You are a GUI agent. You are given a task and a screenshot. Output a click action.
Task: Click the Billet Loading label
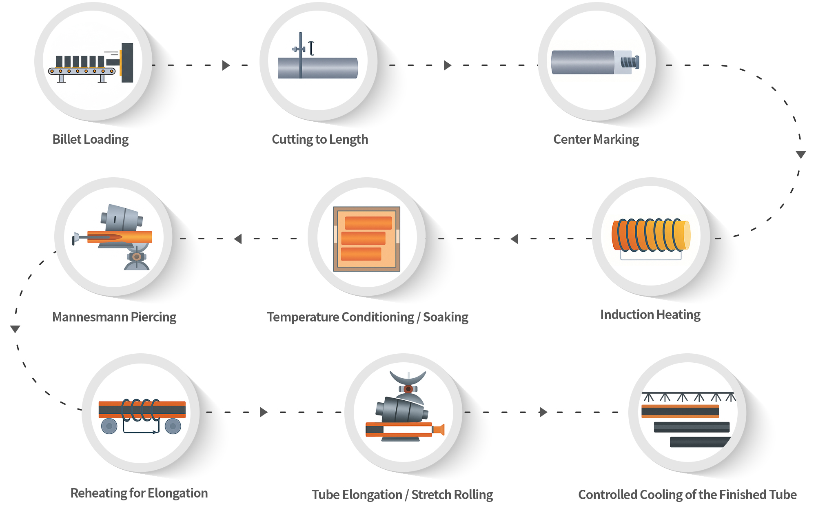point(91,139)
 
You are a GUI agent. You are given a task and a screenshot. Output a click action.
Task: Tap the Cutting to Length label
point(320,139)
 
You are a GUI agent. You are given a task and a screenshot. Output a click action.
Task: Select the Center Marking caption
point(596,139)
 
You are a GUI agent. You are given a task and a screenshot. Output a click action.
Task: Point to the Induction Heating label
point(650,315)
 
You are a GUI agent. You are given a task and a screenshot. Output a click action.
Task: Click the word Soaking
point(446,317)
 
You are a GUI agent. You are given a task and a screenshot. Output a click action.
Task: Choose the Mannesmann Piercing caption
point(114,317)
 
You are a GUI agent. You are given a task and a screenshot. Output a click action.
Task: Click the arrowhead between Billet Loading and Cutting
point(226,65)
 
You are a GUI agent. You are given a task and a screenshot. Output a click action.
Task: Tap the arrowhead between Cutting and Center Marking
point(447,65)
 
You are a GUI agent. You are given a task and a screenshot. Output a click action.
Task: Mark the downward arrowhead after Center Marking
point(801,154)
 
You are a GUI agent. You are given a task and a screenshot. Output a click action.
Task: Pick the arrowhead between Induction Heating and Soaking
point(514,239)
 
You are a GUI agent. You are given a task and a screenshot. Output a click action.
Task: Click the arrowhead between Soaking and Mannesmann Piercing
point(238,239)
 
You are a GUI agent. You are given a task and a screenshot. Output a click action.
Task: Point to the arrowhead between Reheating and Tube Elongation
point(263,412)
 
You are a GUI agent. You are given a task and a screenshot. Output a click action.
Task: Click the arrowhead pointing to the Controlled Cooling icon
point(543,412)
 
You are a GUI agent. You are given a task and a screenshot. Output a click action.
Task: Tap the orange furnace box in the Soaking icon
point(366,239)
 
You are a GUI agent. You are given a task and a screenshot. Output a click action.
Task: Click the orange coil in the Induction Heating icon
point(651,235)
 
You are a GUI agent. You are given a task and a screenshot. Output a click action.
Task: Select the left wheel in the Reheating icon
point(109,426)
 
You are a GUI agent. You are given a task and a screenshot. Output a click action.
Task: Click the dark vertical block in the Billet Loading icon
point(127,62)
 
